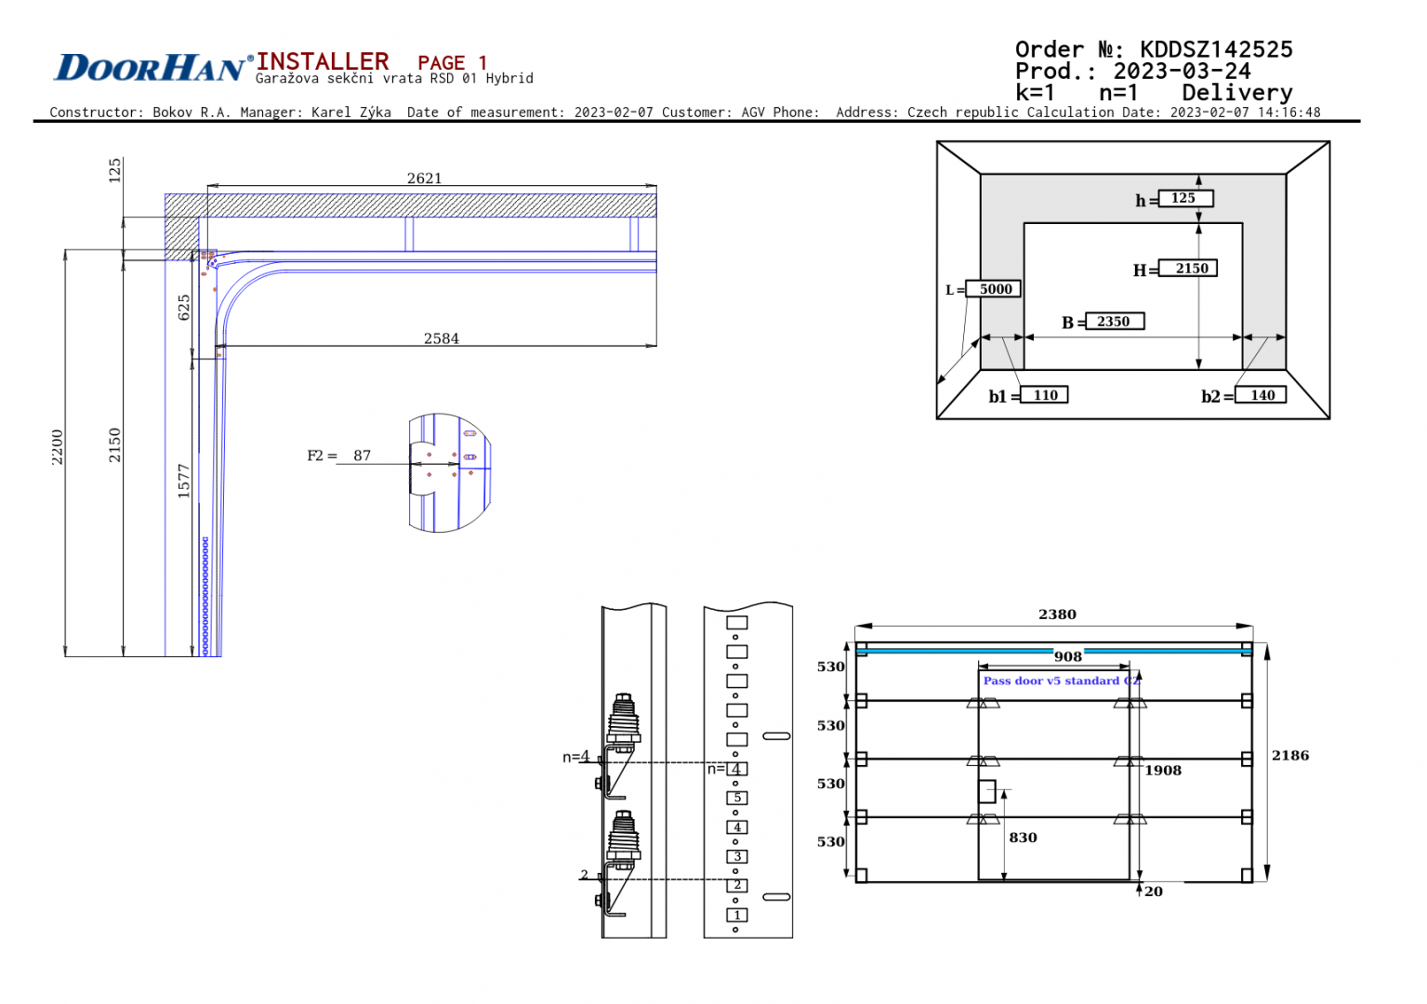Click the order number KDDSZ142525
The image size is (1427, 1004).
tap(1215, 49)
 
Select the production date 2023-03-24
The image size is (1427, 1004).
tap(1182, 72)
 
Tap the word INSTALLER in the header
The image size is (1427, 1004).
tap(323, 61)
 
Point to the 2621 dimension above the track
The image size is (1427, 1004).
tap(424, 178)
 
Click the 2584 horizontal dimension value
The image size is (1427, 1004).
tap(442, 338)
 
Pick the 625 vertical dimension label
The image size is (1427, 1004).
tap(184, 308)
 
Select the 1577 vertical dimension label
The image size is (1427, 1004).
tap(184, 481)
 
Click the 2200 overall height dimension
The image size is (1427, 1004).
tap(58, 447)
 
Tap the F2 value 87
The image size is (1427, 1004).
tap(362, 456)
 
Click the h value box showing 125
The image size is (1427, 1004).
tap(1184, 198)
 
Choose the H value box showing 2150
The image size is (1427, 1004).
tap(1191, 269)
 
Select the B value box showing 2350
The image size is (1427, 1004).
tap(1114, 322)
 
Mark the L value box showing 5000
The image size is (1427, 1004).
tap(994, 289)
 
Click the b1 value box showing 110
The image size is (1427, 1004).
tap(1045, 395)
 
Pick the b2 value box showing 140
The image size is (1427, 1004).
tap(1262, 395)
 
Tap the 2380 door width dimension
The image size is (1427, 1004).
tap(1057, 614)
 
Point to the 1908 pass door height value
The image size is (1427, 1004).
tap(1163, 771)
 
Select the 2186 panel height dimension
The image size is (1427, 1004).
tap(1290, 756)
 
